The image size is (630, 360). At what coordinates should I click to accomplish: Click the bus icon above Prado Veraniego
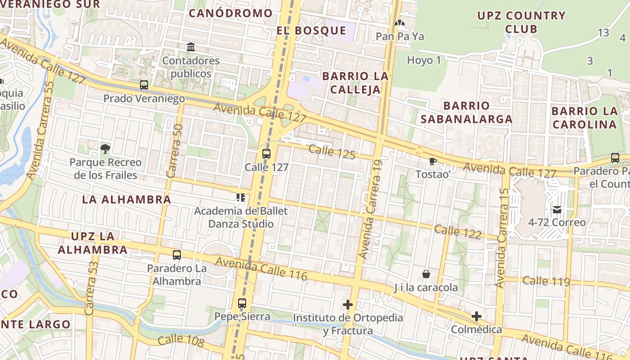[x=144, y=85]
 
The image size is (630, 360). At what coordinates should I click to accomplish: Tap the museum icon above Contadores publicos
[x=191, y=47]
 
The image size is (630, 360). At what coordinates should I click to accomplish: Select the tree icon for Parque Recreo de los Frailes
[x=105, y=148]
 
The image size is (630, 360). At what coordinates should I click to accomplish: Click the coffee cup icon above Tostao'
[x=433, y=161]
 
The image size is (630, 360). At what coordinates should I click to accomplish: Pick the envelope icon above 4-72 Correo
[x=557, y=209]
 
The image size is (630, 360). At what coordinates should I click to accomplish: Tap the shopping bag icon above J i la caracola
[x=426, y=274]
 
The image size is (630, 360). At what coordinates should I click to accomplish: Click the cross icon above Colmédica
[x=476, y=316]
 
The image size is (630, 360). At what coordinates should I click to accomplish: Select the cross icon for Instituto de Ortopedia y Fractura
[x=347, y=305]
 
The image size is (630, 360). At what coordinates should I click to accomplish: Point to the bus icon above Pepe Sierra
[x=242, y=303]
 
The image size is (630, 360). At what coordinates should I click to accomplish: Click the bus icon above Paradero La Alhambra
[x=177, y=255]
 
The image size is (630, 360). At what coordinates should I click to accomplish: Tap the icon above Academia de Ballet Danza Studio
[x=240, y=198]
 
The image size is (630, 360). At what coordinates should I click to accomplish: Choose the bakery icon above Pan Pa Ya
[x=400, y=23]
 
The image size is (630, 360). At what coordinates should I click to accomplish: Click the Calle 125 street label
[x=332, y=152]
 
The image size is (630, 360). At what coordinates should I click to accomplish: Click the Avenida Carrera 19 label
[x=370, y=210]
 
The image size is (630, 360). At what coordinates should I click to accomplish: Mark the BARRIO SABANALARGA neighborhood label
[x=466, y=112]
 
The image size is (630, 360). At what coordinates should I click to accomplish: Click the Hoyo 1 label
[x=424, y=60]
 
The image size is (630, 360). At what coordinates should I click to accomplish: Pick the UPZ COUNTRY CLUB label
[x=521, y=22]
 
